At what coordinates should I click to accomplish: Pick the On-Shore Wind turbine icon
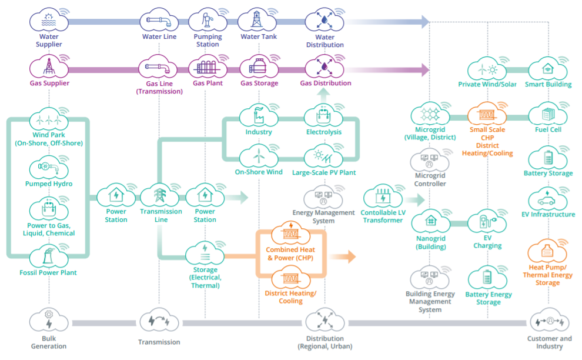[x=258, y=156]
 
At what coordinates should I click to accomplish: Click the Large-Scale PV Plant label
[x=323, y=173]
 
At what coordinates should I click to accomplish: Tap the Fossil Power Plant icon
[x=49, y=257]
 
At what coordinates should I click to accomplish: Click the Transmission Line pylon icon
[x=160, y=195]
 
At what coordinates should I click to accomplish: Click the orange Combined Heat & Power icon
[x=290, y=233]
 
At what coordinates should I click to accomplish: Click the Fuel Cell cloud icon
[x=547, y=114]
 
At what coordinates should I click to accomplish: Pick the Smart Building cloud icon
[x=547, y=68]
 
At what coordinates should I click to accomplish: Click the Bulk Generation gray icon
[x=49, y=321]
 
